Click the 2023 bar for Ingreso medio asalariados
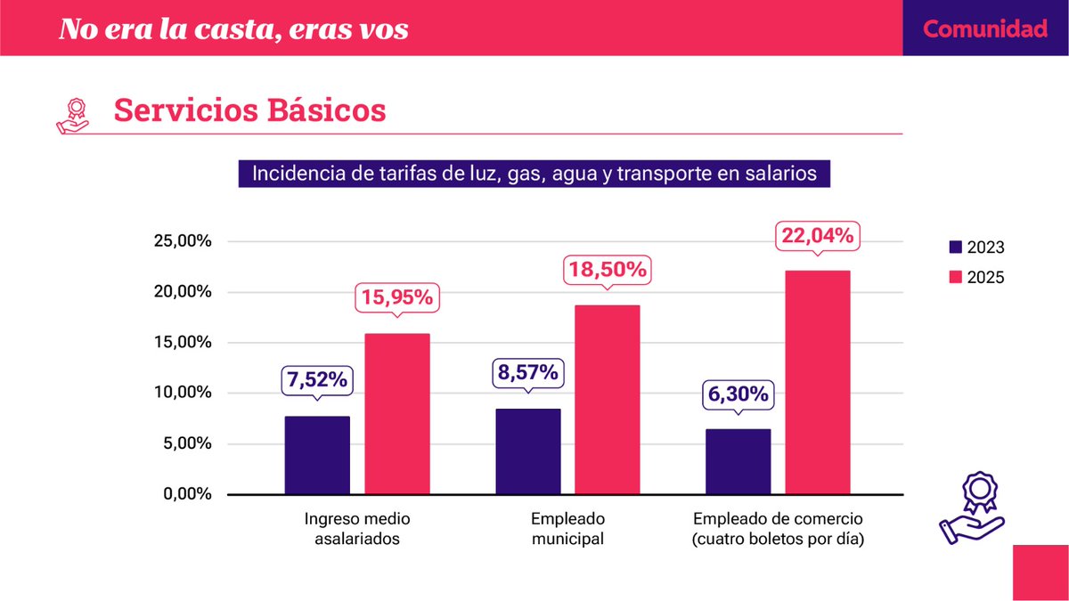(317, 455)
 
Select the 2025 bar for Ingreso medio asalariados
(396, 414)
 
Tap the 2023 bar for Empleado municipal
(527, 451)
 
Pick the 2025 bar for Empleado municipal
(607, 400)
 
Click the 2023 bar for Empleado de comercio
(738, 461)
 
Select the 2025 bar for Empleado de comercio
(817, 382)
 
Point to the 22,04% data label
(817, 236)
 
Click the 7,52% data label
(317, 379)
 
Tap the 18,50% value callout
(607, 271)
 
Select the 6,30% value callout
(738, 394)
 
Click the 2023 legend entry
(976, 248)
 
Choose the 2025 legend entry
(976, 277)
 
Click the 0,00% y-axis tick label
(184, 494)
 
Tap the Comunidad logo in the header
(984, 28)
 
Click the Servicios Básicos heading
(249, 110)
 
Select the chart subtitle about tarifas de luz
(534, 173)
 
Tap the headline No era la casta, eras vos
(233, 28)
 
